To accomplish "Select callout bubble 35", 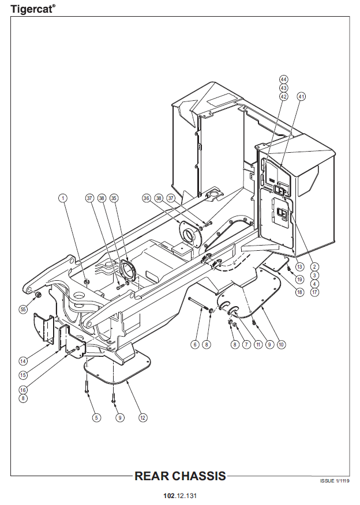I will [x=114, y=198].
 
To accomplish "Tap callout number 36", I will [x=147, y=198].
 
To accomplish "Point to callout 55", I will [x=23, y=309].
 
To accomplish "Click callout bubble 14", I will [x=23, y=361].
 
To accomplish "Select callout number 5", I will [x=96, y=417].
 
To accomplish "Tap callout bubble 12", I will [x=142, y=417].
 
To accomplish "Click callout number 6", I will [x=195, y=344].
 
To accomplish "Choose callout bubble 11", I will [x=257, y=344].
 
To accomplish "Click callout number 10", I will [x=282, y=344].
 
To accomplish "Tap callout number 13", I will [x=299, y=267].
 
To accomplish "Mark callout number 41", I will [x=301, y=96].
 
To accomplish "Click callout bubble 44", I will [x=283, y=79].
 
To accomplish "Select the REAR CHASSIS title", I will [x=180, y=476].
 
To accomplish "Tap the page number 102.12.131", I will [x=180, y=495].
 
